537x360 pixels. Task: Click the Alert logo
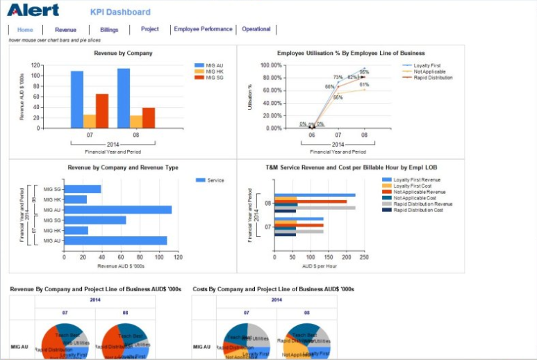click(x=33, y=10)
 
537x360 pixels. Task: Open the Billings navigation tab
click(x=109, y=30)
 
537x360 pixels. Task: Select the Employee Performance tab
click(x=203, y=29)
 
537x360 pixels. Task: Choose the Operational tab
click(x=256, y=29)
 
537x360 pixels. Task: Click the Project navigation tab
click(x=149, y=29)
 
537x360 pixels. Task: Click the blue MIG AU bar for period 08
click(x=124, y=98)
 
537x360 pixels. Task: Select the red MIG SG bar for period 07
click(x=102, y=111)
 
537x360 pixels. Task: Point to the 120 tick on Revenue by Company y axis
click(x=35, y=65)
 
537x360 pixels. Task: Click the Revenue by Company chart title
click(x=123, y=53)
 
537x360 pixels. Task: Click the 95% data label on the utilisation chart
click(x=364, y=72)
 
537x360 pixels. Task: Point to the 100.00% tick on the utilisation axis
click(x=270, y=65)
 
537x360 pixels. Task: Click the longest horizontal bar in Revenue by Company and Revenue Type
click(x=117, y=209)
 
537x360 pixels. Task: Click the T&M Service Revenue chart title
click(x=351, y=167)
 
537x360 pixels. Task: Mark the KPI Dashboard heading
click(x=120, y=12)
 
